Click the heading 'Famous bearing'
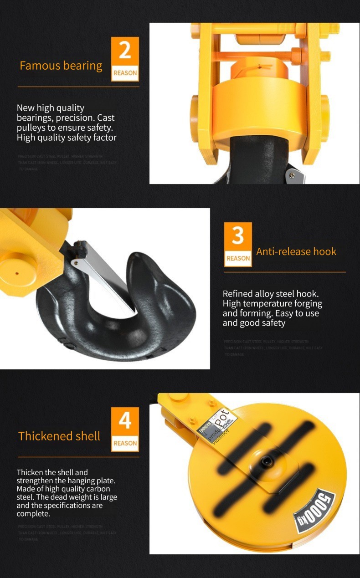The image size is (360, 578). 61,66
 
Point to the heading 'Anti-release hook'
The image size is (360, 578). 296,251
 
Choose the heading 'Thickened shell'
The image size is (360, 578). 59,436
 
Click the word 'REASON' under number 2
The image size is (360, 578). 125,73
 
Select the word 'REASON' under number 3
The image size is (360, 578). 238,258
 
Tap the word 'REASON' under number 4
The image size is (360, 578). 125,443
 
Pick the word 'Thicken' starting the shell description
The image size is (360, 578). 30,472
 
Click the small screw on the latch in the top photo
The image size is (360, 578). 291,175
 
